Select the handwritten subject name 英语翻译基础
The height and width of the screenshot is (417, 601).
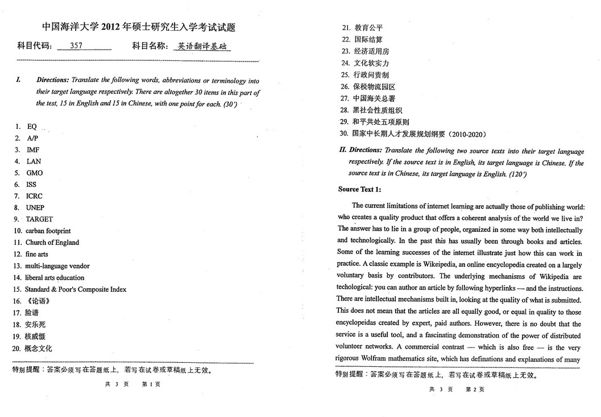pos(201,47)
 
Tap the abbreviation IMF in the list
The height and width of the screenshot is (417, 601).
pos(33,150)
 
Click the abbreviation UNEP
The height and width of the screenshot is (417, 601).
pos(35,208)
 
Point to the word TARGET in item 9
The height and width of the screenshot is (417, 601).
pos(39,219)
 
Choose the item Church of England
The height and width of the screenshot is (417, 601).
pos(52,243)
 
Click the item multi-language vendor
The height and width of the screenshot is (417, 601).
pos(57,266)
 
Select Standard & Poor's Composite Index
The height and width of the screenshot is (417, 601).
pos(76,289)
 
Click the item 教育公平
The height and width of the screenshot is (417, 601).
pos(368,27)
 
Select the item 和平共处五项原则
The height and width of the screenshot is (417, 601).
pos(380,122)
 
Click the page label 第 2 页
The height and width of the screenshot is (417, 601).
pos(475,390)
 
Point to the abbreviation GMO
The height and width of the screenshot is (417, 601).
pos(35,173)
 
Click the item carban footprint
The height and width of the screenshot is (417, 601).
pos(48,231)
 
